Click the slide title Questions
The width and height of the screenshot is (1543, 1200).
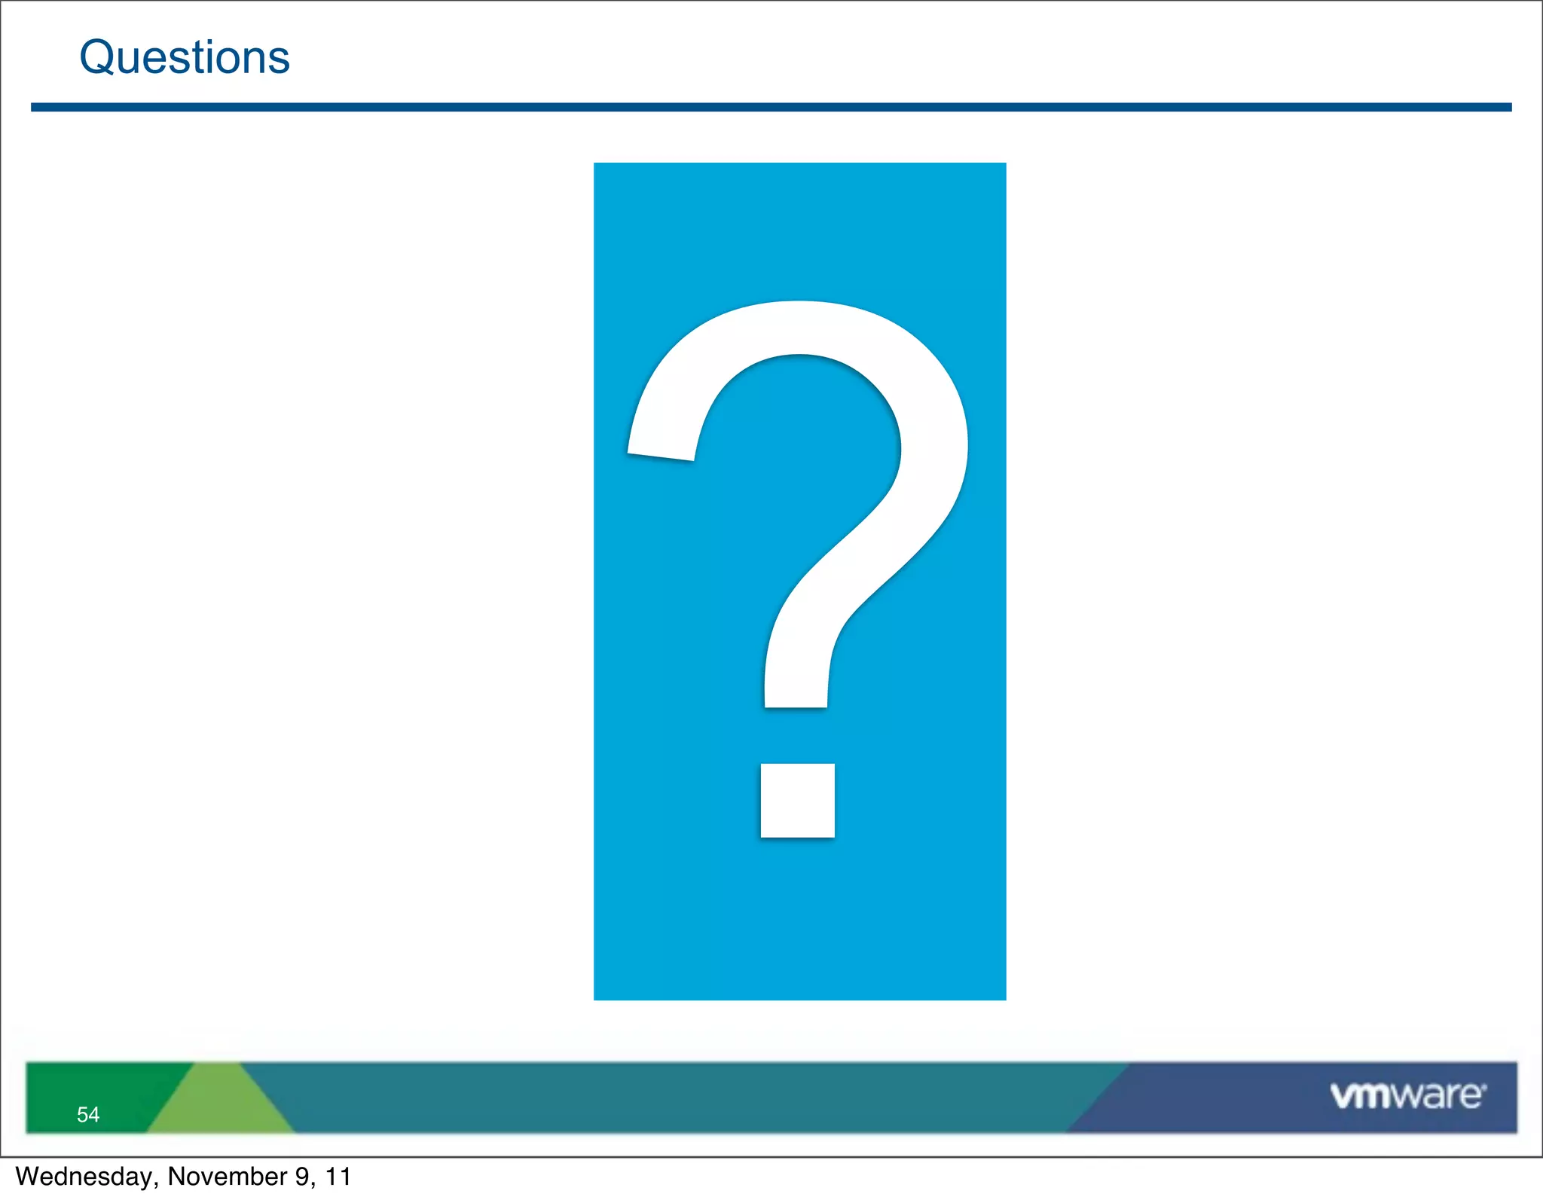185,57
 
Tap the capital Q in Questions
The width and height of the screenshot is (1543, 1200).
98,57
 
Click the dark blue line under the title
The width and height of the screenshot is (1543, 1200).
771,108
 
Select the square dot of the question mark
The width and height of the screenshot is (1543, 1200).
797,800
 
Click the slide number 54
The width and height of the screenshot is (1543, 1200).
88,1115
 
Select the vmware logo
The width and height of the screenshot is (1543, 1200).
1407,1096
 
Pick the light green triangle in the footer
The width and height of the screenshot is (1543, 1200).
218,1104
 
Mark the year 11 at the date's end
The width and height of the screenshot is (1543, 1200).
338,1177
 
